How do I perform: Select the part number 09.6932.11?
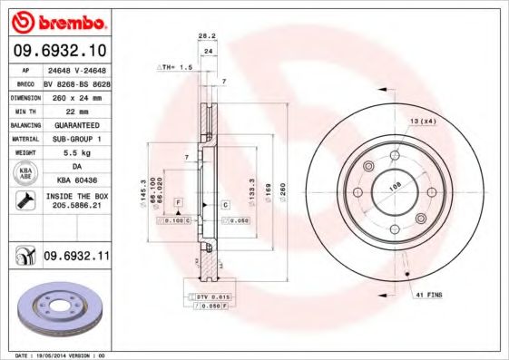[x=76, y=258]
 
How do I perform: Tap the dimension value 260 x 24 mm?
[x=76, y=94]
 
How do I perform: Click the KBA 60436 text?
[x=76, y=181]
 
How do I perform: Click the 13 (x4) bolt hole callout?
[x=423, y=122]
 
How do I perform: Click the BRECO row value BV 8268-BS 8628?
[x=76, y=81]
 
